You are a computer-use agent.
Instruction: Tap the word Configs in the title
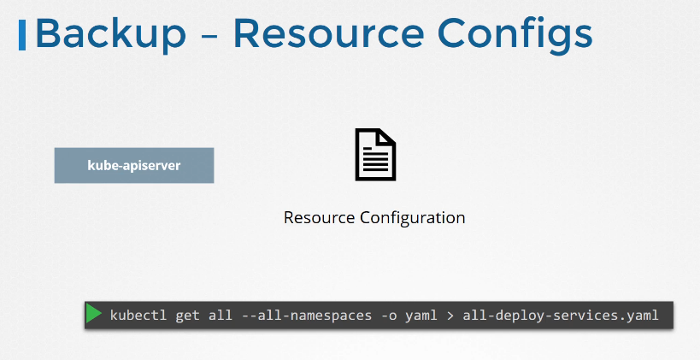point(515,36)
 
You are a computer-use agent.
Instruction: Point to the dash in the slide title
point(209,37)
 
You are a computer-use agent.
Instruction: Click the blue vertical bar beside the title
point(22,35)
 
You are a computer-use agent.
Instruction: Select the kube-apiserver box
point(134,165)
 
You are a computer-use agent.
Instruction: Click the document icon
point(375,155)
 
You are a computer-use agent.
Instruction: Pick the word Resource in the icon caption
point(320,217)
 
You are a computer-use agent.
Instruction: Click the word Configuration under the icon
point(413,218)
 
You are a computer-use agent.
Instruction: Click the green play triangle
point(94,313)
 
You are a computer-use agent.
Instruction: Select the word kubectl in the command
point(138,316)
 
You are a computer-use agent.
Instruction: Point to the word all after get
point(221,316)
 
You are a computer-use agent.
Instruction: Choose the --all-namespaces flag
point(307,316)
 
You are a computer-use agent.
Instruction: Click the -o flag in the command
point(388,316)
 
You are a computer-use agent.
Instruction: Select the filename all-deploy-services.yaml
point(561,316)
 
